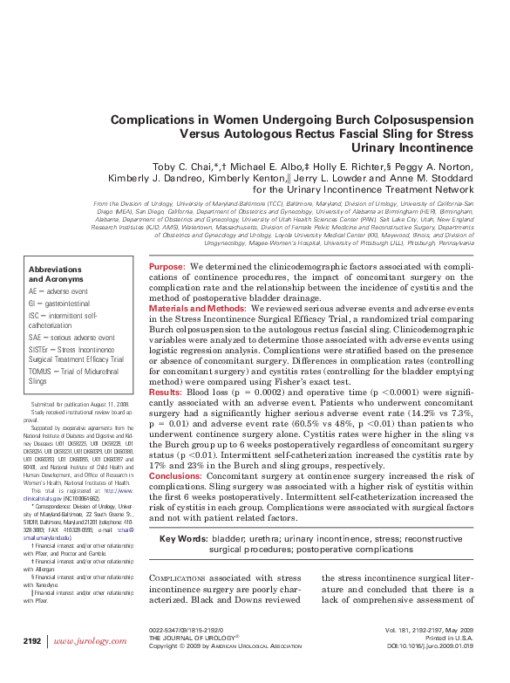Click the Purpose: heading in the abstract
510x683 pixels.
point(166,265)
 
